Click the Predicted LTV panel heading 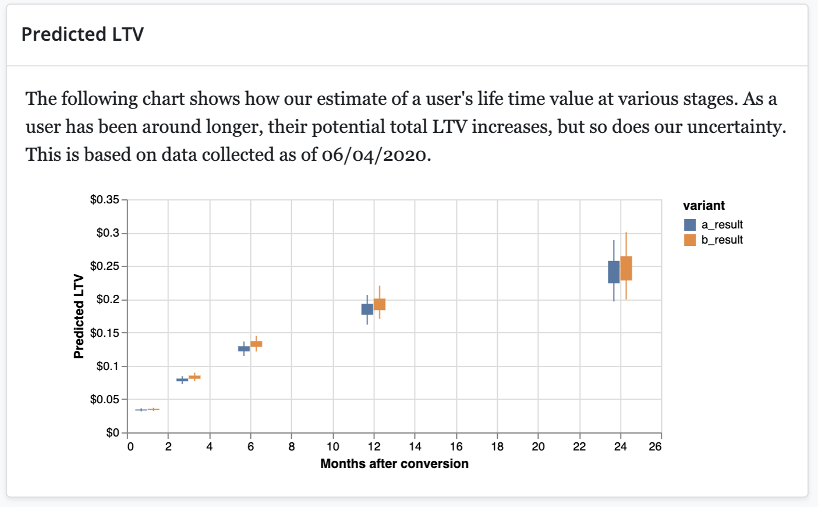[x=82, y=34]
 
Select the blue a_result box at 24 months [x=614, y=272]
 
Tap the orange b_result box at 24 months [x=626, y=268]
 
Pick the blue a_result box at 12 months [x=367, y=309]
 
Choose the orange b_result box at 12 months [x=380, y=304]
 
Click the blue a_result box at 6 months [x=244, y=348]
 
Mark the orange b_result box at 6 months [x=256, y=344]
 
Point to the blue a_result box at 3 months [x=182, y=380]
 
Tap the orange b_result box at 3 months [x=194, y=377]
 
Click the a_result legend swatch [x=690, y=225]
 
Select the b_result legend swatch [x=690, y=240]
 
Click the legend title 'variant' [x=704, y=206]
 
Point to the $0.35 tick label [x=105, y=200]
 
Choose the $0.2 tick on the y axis [x=108, y=300]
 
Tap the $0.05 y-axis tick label [x=105, y=399]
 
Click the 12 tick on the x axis [x=374, y=447]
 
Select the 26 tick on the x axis [x=655, y=447]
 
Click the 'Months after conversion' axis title [x=394, y=464]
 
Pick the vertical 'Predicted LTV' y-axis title [x=79, y=316]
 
